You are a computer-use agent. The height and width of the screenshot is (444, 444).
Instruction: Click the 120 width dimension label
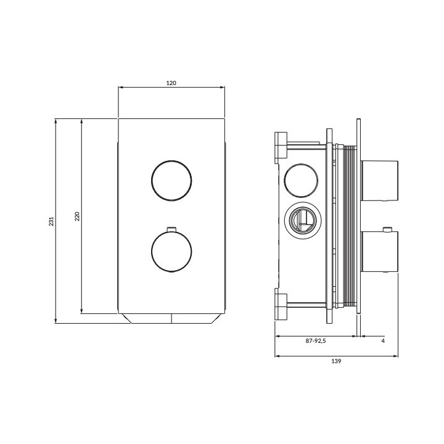171,83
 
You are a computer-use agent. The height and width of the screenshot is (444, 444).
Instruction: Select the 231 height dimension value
52,221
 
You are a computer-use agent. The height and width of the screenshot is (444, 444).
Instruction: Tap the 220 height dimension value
77,216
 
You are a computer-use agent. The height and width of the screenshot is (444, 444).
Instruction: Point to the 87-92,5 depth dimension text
316,340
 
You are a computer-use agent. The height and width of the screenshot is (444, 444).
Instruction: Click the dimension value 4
383,340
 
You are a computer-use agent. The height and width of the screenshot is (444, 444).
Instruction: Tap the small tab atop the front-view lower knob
171,229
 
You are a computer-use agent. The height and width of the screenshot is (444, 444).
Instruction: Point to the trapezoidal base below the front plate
171,319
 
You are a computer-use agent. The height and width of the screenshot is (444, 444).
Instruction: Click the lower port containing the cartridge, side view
302,219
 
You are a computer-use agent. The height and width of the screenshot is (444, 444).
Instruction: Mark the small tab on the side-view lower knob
387,231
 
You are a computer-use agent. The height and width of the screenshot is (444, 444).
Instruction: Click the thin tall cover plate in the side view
358,218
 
